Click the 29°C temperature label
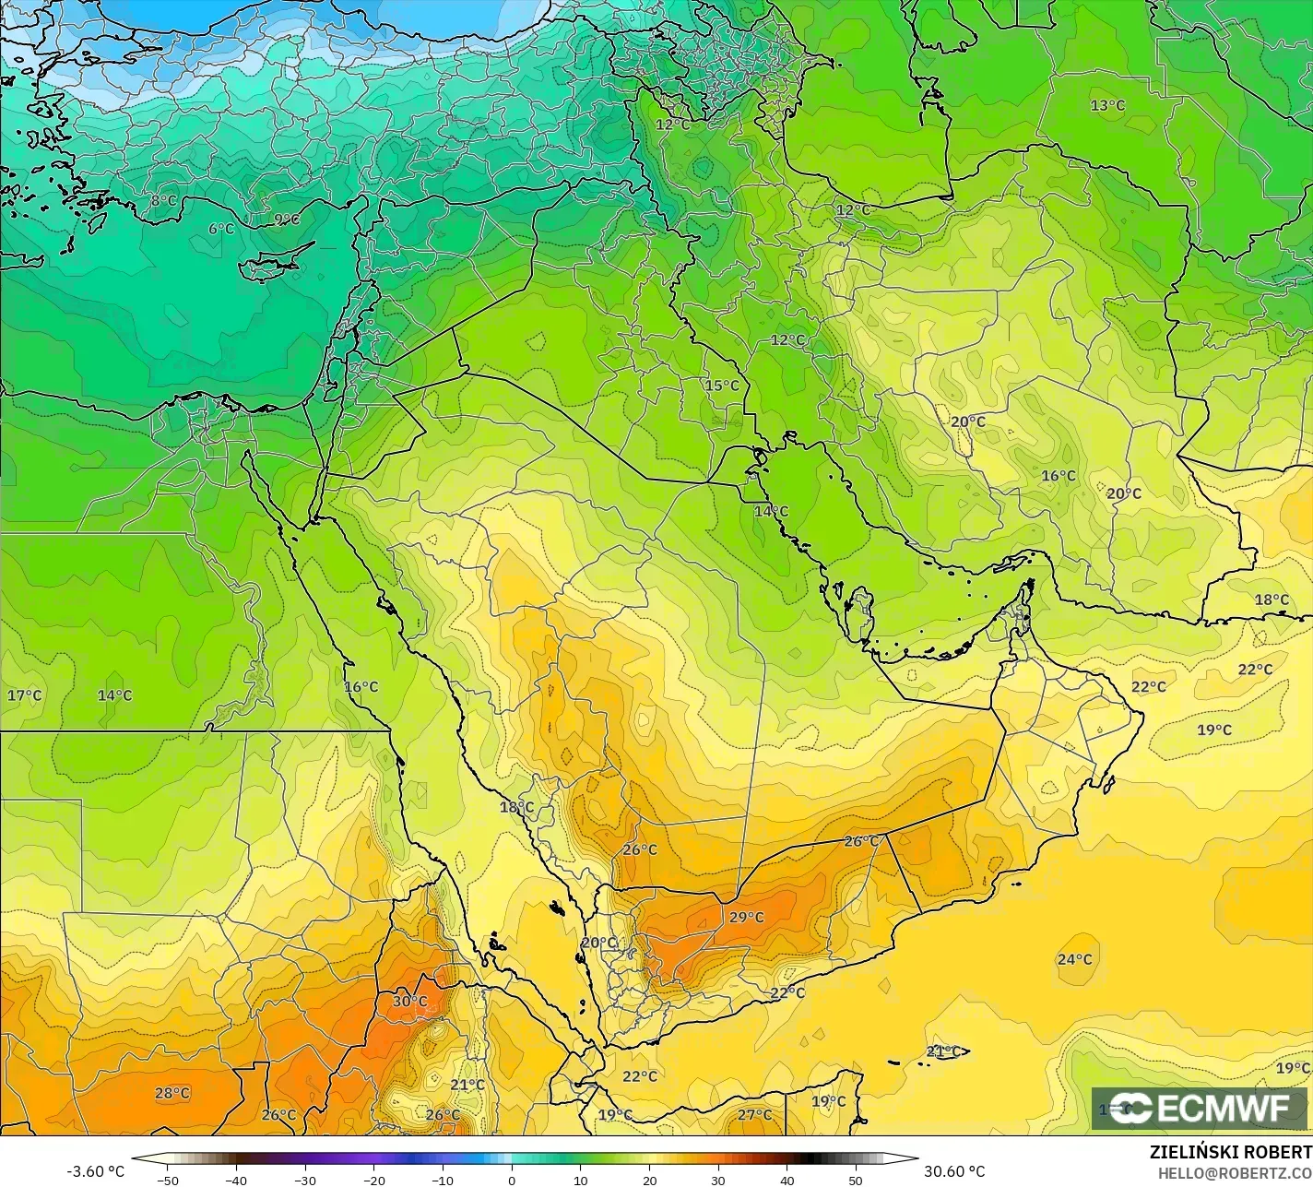(746, 918)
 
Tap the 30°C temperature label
(409, 1001)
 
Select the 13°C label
(1107, 106)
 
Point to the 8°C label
(163, 200)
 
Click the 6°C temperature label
(221, 229)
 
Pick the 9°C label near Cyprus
(287, 220)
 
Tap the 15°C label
(722, 386)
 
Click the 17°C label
(24, 695)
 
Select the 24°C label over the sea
(1074, 959)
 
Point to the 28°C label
(172, 1093)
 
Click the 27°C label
(754, 1115)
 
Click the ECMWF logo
(1200, 1109)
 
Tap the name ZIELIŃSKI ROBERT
(1230, 1153)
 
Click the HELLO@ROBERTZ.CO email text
(1235, 1172)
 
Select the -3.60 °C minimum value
(95, 1171)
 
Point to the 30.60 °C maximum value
(954, 1171)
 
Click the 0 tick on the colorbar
(511, 1181)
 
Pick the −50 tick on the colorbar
(167, 1181)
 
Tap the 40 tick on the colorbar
(787, 1181)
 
